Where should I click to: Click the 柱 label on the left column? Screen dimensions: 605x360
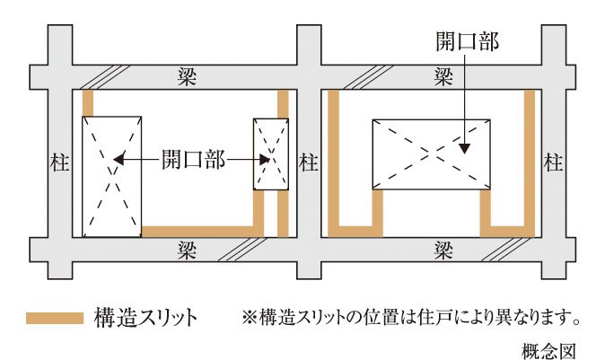pyautogui.click(x=59, y=162)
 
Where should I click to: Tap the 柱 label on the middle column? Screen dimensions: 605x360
pyautogui.click(x=309, y=162)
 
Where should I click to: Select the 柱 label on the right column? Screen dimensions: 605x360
pyautogui.click(x=553, y=162)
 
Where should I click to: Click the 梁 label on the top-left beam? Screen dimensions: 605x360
pyautogui.click(x=187, y=76)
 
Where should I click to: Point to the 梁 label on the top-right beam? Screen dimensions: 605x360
pyautogui.click(x=443, y=76)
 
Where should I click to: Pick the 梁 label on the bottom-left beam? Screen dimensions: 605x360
pyautogui.click(x=187, y=250)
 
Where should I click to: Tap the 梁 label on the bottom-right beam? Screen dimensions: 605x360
pyautogui.click(x=443, y=250)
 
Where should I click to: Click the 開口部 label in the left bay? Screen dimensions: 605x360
pyautogui.click(x=193, y=159)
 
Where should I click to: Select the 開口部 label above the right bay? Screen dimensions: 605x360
pyautogui.click(x=468, y=41)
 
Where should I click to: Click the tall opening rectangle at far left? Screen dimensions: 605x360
pyautogui.click(x=112, y=176)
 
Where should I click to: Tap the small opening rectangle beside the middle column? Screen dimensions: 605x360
pyautogui.click(x=271, y=154)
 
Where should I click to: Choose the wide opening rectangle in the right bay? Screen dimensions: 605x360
pyautogui.click(x=432, y=154)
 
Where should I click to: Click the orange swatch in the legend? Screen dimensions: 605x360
pyautogui.click(x=55, y=319)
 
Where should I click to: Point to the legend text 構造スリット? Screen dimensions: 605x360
pyautogui.click(x=145, y=318)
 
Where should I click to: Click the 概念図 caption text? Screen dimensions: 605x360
pyautogui.click(x=548, y=351)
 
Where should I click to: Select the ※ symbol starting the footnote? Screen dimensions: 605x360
pyautogui.click(x=250, y=317)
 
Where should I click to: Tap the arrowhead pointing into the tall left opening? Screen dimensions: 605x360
pyautogui.click(x=118, y=159)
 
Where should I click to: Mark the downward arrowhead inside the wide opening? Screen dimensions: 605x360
pyautogui.click(x=465, y=149)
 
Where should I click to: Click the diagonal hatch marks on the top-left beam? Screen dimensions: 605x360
pyautogui.click(x=104, y=77)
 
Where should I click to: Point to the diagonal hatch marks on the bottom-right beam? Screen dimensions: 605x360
pyautogui.click(x=505, y=250)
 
